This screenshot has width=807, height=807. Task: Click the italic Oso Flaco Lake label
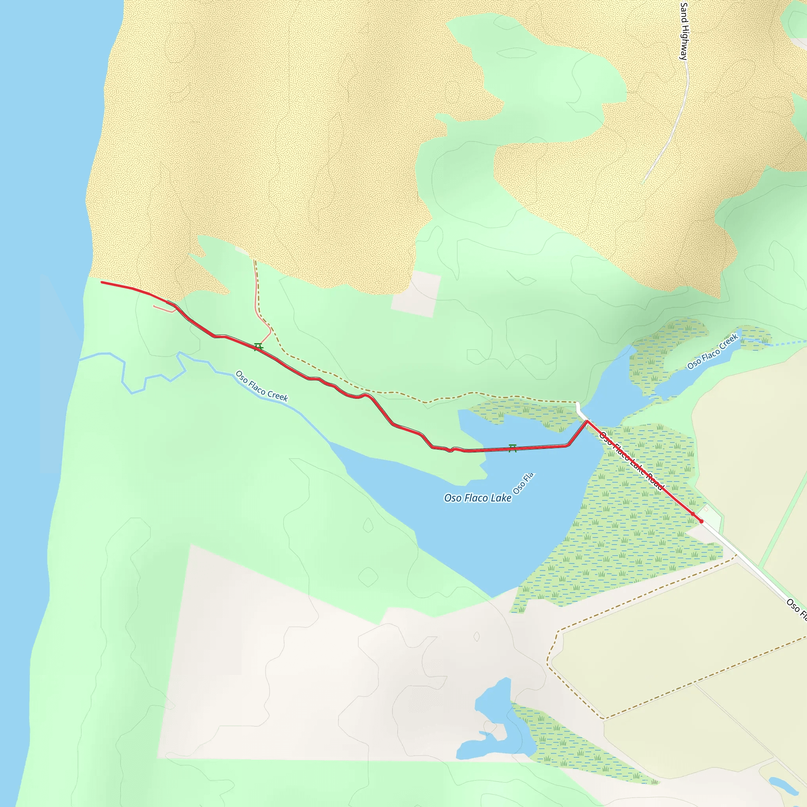[x=478, y=498]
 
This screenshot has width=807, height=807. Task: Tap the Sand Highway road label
[x=684, y=31]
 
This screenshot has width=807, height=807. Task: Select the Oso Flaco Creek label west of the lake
[x=262, y=386]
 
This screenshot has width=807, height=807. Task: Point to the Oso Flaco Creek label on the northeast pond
[x=712, y=352]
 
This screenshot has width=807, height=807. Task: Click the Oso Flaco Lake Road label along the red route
[x=631, y=461]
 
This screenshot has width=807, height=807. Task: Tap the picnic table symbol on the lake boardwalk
[x=513, y=448]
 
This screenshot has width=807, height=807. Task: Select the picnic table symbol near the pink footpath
[x=258, y=347]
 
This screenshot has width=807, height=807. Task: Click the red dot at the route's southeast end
[x=701, y=521]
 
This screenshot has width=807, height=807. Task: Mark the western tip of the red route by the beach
[x=102, y=283]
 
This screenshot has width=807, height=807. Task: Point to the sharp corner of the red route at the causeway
[x=587, y=422]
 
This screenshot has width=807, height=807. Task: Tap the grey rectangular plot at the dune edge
[x=416, y=294]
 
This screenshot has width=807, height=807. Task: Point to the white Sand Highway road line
[x=673, y=134]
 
